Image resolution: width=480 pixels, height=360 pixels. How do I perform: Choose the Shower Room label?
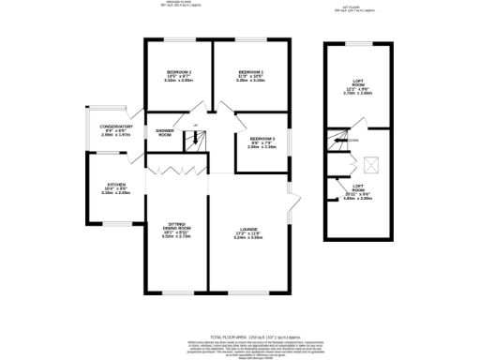(x=164, y=132)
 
